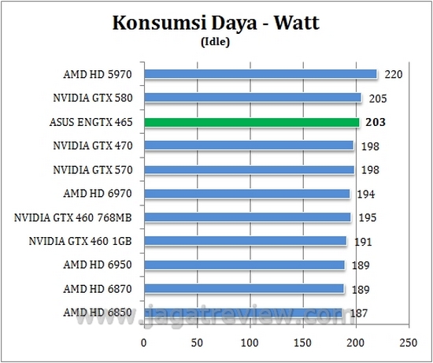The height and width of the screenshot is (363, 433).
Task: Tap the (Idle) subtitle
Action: (x=216, y=43)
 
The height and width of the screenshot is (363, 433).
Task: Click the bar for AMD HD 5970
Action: (x=260, y=75)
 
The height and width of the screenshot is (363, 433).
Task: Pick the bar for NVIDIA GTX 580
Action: (x=252, y=98)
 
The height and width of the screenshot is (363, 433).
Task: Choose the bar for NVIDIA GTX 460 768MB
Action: (x=246, y=217)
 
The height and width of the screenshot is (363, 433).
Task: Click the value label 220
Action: (x=394, y=76)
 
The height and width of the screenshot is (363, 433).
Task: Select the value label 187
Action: (x=360, y=313)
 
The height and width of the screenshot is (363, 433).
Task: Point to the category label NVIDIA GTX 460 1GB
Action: (x=80, y=241)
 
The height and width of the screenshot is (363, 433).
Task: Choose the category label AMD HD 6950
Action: (x=98, y=265)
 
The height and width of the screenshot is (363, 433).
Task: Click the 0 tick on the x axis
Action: (x=143, y=343)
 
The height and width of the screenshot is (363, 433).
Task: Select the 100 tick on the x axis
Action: (x=250, y=343)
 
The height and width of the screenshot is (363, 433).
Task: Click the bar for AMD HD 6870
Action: (x=243, y=289)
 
